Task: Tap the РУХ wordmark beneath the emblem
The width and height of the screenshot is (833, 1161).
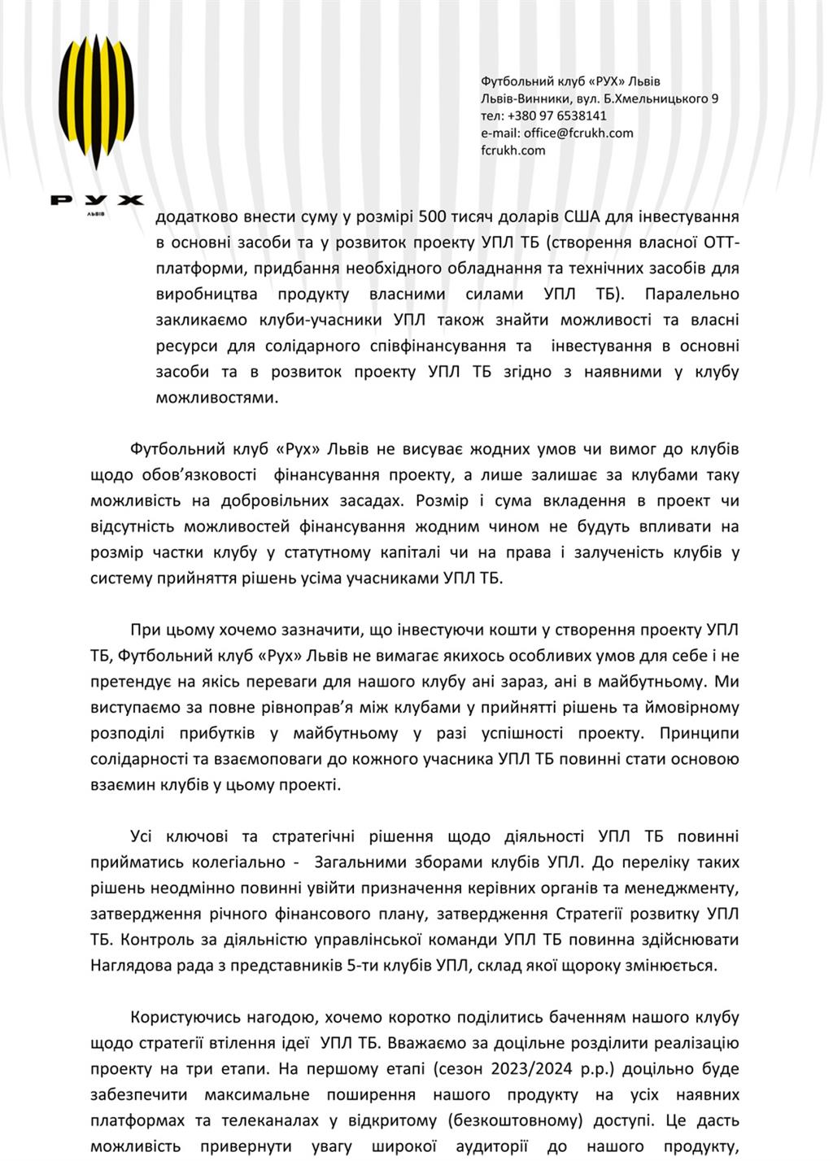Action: pyautogui.click(x=97, y=200)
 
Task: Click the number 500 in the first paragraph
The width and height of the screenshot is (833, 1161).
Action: pyautogui.click(x=431, y=217)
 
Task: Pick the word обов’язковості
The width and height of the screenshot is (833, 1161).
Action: pyautogui.click(x=190, y=475)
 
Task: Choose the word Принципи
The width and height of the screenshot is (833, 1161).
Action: pyautogui.click(x=699, y=733)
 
